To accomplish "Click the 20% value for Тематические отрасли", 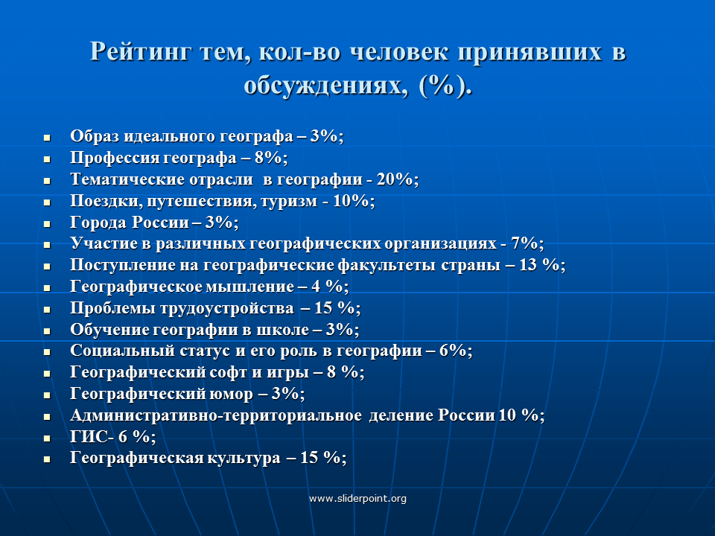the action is pos(395,179).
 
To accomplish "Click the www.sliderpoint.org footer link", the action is pos(357,499).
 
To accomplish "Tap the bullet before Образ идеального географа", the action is pos(47,137).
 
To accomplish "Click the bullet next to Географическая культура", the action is pos(47,459).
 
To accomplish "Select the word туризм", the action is pos(289,201).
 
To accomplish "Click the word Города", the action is pos(98,223).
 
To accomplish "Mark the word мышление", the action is pos(250,287).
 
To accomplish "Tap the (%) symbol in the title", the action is pos(442,86).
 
